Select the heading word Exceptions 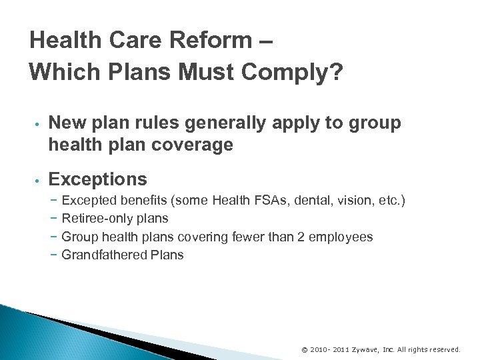[98, 179]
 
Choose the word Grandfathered [103, 255]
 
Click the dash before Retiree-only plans [53, 218]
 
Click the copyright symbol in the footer [305, 349]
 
